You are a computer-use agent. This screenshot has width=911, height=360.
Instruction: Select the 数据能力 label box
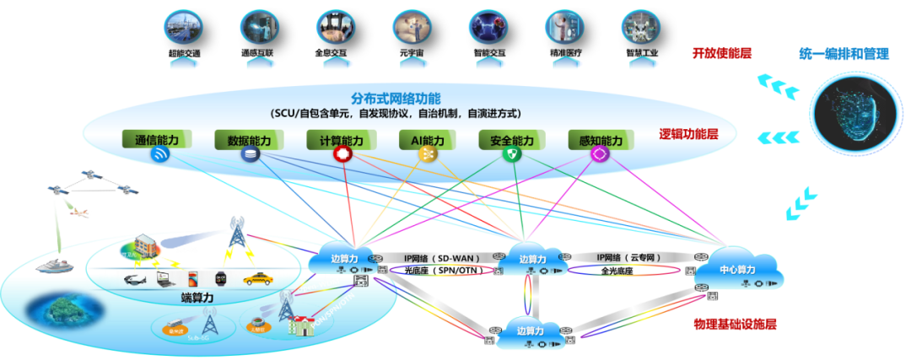point(250,140)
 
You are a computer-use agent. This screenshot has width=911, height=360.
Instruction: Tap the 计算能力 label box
point(341,140)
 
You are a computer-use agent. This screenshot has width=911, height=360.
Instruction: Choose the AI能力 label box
point(427,140)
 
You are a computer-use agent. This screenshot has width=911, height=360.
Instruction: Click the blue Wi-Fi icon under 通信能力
point(160,155)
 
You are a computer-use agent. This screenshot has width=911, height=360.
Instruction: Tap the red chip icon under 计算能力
point(342,155)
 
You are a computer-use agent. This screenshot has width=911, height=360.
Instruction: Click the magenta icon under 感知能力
point(600,155)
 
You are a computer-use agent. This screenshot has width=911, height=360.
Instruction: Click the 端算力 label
point(199,298)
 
